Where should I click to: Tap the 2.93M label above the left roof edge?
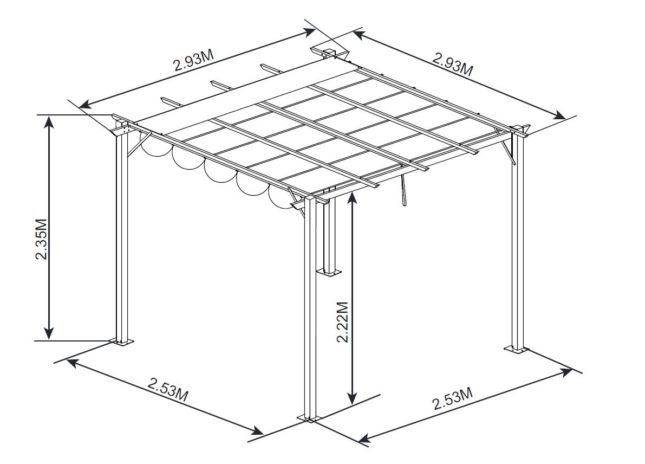click(194, 61)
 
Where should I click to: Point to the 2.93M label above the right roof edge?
click(452, 63)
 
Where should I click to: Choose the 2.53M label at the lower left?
click(168, 389)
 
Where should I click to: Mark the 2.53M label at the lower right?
click(453, 398)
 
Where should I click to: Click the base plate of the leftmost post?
click(121, 341)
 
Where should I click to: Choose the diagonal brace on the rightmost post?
click(507, 150)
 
